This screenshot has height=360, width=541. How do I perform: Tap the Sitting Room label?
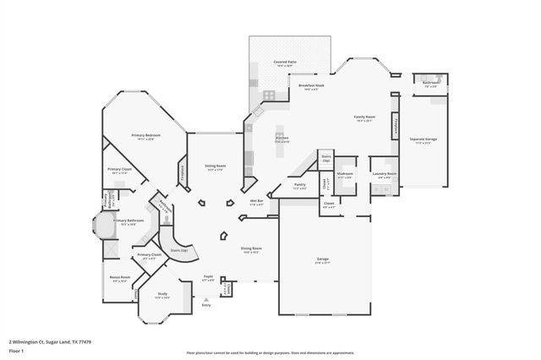click(x=215, y=167)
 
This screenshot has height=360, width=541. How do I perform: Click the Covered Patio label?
click(x=284, y=63)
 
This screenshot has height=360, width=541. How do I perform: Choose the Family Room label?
click(x=364, y=119)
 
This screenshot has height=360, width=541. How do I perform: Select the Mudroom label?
click(x=345, y=176)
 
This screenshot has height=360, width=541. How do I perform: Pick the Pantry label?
click(x=300, y=186)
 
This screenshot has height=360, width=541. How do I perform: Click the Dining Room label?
click(x=252, y=250)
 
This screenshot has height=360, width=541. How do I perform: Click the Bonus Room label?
click(x=119, y=279)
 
